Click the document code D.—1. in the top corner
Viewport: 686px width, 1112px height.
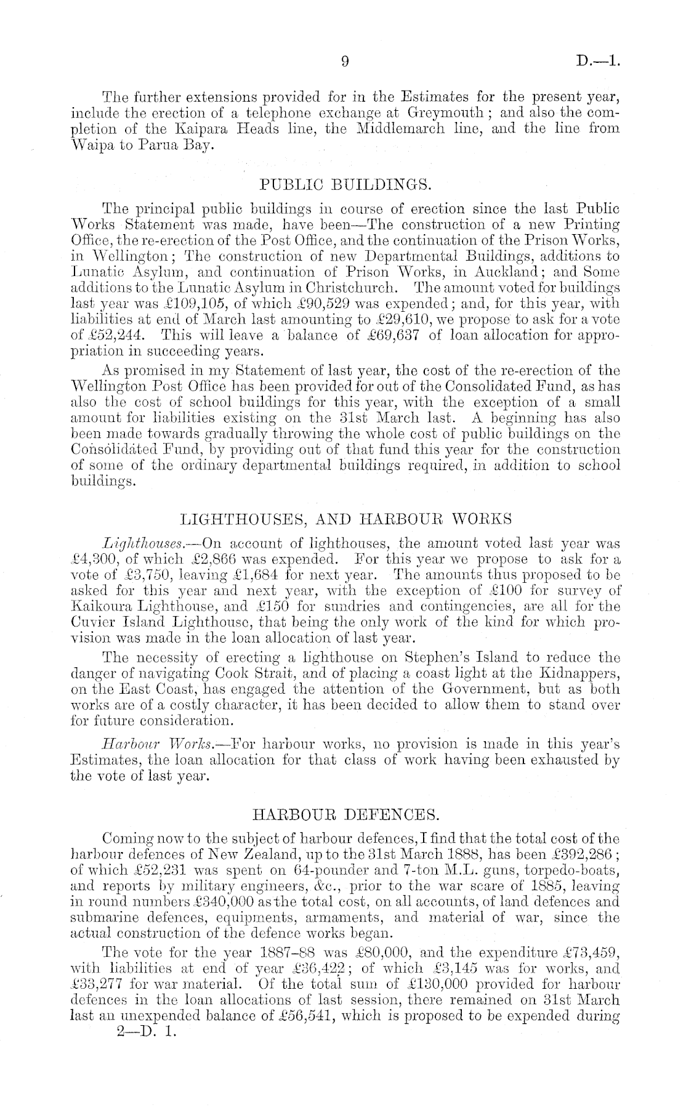pyautogui.click(x=598, y=61)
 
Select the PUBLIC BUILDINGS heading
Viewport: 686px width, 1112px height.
pyautogui.click(x=345, y=184)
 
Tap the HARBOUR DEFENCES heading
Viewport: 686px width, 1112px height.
pyautogui.click(x=346, y=816)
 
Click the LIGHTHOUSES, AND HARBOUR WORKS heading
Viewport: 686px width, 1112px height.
pyautogui.click(x=345, y=519)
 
